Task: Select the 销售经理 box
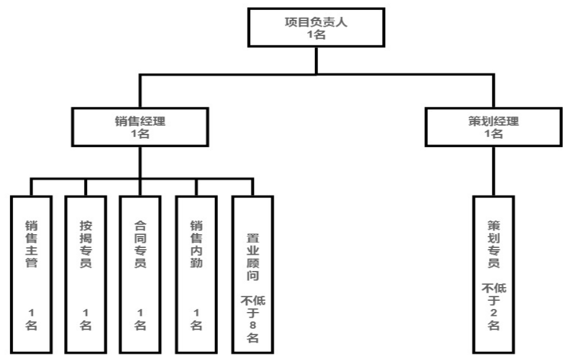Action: click(x=140, y=128)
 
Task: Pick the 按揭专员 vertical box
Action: click(x=86, y=275)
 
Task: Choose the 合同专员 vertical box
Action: click(x=141, y=275)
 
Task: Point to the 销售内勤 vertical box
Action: click(x=196, y=275)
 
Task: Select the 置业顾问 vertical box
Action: click(x=253, y=275)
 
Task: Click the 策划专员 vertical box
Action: click(x=493, y=275)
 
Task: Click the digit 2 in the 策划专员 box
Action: click(x=493, y=313)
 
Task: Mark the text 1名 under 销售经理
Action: click(x=140, y=135)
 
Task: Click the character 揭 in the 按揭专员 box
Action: click(x=86, y=238)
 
